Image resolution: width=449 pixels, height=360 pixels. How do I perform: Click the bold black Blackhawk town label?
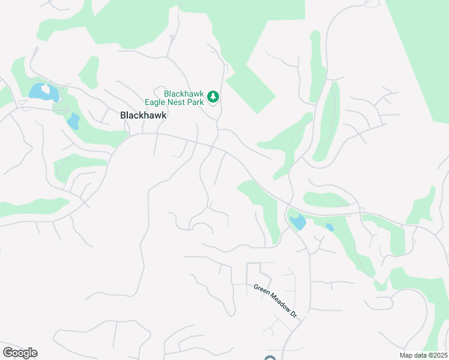143,115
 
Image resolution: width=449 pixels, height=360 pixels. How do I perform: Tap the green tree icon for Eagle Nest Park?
212,97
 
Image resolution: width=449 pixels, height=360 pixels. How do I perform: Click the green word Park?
195,102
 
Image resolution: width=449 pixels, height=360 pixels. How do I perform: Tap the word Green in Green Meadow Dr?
259,288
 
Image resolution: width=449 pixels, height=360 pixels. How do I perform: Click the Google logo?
20,353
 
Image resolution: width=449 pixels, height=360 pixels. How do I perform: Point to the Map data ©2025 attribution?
423,355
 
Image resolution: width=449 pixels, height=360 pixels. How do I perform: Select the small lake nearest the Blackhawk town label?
73,121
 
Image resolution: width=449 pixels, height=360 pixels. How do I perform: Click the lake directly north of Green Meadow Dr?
297,223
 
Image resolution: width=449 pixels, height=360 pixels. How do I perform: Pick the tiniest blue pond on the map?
330,227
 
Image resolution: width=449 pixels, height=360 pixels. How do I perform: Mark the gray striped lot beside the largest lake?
61,107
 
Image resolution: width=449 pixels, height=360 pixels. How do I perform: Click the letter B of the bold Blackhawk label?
124,115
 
